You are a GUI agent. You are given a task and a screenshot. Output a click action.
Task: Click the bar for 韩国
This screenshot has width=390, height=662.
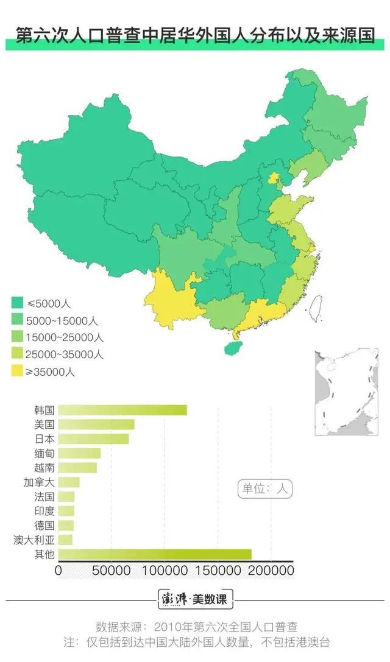122,410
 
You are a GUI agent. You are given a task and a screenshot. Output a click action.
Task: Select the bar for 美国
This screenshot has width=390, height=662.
96,424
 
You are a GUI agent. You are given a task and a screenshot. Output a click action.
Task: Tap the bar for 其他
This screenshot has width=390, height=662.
155,554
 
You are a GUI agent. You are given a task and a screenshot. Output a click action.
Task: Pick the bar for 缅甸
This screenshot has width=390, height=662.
79,453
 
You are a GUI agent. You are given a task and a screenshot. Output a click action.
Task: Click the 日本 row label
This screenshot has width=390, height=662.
44,439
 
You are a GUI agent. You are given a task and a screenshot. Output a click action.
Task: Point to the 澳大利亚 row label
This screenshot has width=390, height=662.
34,540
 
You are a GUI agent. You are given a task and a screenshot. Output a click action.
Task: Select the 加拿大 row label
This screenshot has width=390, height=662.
40,482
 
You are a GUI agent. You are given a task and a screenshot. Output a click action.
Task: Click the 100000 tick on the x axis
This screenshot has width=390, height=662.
165,571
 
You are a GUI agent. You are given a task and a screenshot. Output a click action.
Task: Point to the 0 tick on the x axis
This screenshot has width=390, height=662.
58,571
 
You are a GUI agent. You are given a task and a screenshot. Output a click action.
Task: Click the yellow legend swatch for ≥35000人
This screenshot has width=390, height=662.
18,371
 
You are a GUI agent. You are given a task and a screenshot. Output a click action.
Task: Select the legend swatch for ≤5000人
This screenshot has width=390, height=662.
18,303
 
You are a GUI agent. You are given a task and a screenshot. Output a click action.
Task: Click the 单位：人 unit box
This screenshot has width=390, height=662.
264,488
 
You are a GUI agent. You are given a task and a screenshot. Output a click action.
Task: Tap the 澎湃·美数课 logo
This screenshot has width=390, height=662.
195,599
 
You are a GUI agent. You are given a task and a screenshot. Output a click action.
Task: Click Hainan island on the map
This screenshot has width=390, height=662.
232,348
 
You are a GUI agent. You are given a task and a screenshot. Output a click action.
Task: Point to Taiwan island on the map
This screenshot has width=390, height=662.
315,308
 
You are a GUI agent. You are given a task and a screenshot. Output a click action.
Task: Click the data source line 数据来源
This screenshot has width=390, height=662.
196,627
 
